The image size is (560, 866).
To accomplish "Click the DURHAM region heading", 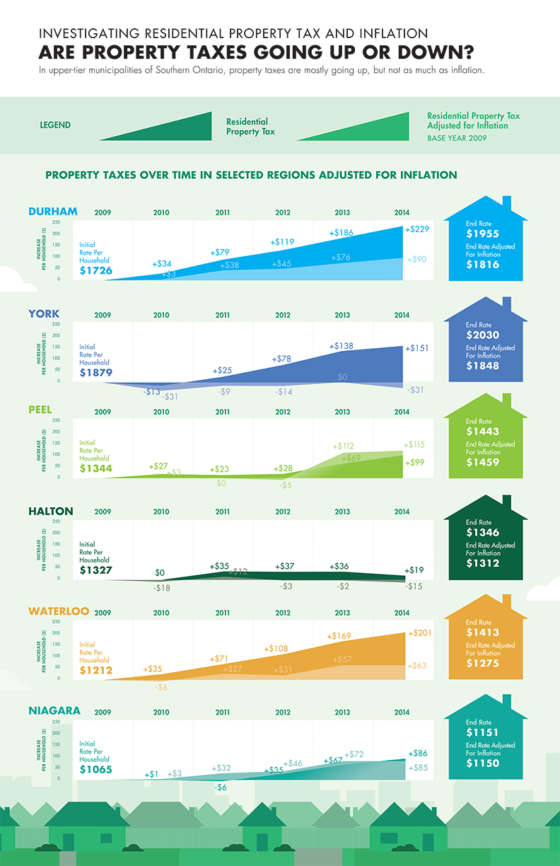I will point(53,212).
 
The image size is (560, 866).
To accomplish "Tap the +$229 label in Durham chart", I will point(417,229).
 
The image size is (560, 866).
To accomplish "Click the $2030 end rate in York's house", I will point(483,335).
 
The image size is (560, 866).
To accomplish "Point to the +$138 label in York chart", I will point(342,346).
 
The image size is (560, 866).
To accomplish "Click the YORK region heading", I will point(44,313).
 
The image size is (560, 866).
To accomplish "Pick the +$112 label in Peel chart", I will point(343,446).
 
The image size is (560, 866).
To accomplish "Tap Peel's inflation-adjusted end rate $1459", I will point(483,462).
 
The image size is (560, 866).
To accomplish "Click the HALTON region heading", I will point(51,512).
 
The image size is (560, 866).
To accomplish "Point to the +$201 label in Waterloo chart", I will point(419,633).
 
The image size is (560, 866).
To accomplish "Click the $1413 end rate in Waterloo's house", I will point(483,633).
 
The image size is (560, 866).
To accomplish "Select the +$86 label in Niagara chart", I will point(417,754).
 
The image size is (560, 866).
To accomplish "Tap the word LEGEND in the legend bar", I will point(55,126).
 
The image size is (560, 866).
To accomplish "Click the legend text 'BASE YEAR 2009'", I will point(457,139).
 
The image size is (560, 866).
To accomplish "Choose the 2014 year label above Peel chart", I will point(402,412).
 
